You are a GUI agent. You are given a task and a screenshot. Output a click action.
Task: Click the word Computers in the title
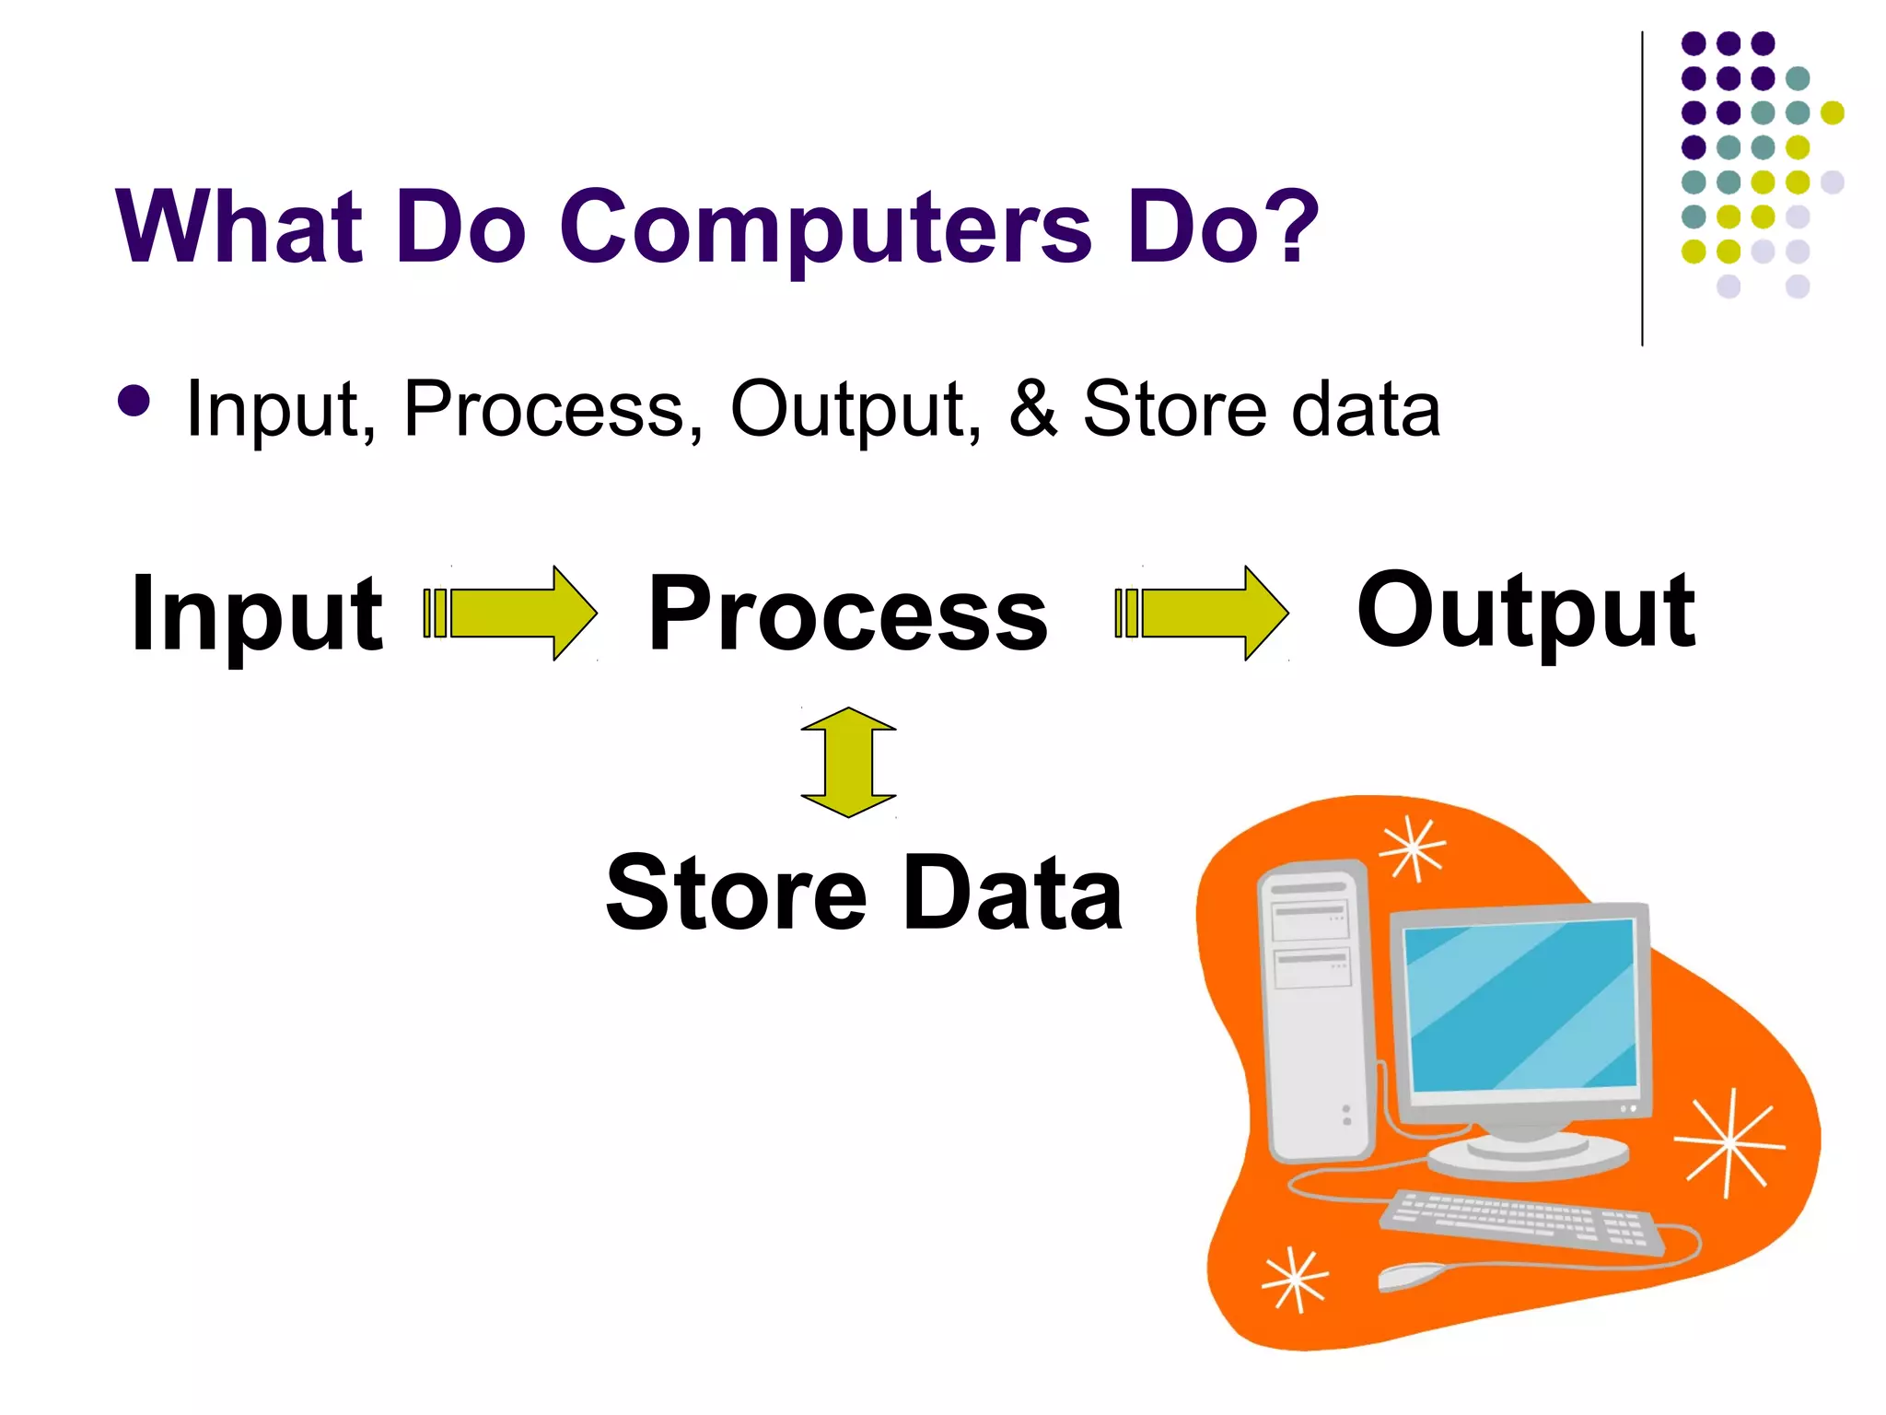click(x=824, y=228)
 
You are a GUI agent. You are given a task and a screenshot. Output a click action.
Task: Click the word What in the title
click(x=239, y=226)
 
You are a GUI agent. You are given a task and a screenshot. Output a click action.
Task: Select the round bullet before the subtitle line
click(x=134, y=401)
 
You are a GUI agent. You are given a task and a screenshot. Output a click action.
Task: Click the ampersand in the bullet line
click(x=1033, y=407)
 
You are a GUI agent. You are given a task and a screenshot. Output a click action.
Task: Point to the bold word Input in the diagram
click(x=257, y=614)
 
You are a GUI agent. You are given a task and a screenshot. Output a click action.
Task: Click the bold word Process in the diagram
click(x=847, y=614)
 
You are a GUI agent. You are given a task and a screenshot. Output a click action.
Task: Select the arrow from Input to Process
click(x=512, y=613)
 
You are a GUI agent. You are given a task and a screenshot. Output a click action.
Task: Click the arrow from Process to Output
click(x=1203, y=613)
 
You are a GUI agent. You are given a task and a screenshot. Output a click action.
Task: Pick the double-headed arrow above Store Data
click(x=848, y=762)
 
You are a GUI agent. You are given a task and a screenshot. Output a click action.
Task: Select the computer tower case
click(x=1314, y=1013)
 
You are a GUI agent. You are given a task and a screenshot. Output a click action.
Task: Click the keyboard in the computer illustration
click(x=1519, y=1221)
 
